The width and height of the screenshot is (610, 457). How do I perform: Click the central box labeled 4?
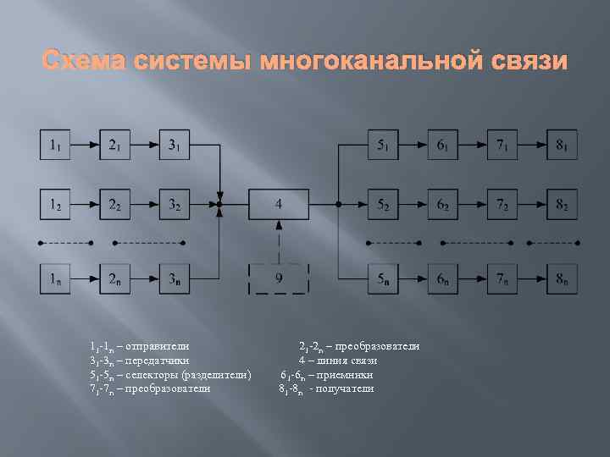[278, 204]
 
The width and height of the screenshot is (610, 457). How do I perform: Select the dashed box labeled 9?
[278, 278]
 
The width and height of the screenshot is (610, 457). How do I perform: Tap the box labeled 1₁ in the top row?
[54, 145]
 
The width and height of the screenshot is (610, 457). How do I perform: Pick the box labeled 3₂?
[174, 204]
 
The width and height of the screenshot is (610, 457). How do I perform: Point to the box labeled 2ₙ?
[114, 278]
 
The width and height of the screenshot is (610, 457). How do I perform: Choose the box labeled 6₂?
[442, 204]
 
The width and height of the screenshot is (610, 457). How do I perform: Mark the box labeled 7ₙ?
[502, 278]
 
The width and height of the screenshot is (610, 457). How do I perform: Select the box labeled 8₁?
[562, 145]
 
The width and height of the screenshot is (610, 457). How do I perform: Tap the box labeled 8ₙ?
[562, 278]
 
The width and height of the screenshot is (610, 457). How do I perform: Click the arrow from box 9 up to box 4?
[278, 240]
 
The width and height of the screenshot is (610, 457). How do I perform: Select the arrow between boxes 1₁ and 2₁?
[85, 145]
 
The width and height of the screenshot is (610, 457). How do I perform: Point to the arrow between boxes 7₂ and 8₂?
[532, 204]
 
